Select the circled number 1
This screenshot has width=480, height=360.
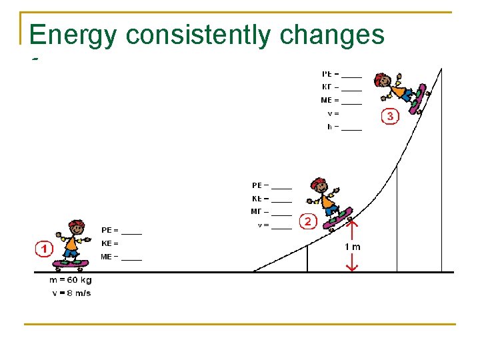click(x=44, y=249)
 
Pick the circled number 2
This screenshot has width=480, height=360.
click(x=307, y=221)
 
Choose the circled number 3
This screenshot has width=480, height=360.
click(x=390, y=116)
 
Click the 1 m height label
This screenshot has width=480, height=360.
click(x=352, y=247)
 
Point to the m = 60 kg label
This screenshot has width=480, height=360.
click(x=71, y=281)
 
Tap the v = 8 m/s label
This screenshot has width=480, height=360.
click(x=71, y=293)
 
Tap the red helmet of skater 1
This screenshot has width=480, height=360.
click(x=76, y=224)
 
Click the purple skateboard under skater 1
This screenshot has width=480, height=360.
click(x=71, y=263)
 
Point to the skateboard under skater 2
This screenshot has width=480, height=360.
click(x=338, y=218)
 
